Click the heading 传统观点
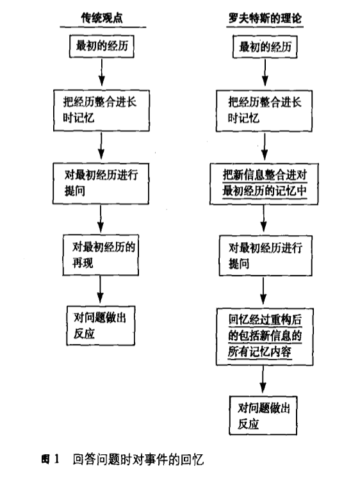tap(102, 18)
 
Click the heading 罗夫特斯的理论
tap(265, 18)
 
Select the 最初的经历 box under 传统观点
tap(101, 46)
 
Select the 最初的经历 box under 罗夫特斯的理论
tap(265, 47)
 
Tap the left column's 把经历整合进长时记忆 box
tap(101, 110)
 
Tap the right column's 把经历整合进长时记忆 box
tap(264, 111)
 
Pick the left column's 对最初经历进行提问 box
tap(101, 183)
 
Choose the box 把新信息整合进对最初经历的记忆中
tap(264, 184)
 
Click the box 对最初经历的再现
tap(101, 255)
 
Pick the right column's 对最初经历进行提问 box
tap(265, 256)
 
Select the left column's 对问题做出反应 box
tap(101, 325)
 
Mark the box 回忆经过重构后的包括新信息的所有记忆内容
tap(265, 336)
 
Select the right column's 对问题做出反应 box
tap(263, 415)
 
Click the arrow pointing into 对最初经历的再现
tap(101, 218)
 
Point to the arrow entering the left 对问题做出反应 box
tap(100, 290)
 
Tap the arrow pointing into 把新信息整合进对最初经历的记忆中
tap(265, 146)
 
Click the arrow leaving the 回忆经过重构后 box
tap(263, 379)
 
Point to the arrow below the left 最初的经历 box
tap(101, 72)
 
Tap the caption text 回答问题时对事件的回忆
tap(138, 459)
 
